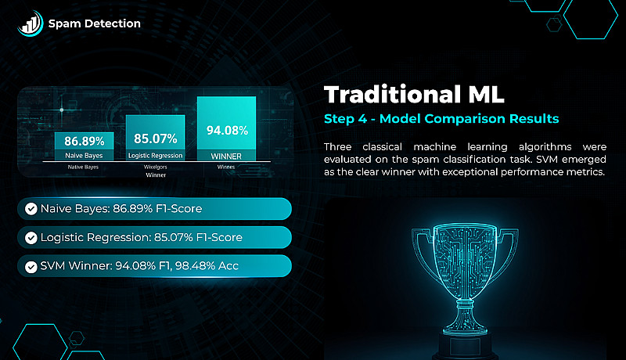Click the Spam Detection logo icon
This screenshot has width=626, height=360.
tap(30, 23)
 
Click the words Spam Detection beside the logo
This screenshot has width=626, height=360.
tap(94, 23)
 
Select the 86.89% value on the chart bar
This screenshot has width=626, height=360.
tap(85, 141)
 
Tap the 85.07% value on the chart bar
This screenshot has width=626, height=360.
tap(155, 139)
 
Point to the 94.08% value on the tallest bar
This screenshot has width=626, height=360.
tap(227, 131)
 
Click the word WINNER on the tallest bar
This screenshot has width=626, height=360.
tap(226, 157)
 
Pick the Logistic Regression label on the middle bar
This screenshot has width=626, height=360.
tap(155, 155)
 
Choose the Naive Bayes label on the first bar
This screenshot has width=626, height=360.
tap(84, 155)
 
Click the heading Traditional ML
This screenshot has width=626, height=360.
tap(414, 95)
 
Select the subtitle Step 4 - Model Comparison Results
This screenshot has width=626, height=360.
tap(441, 118)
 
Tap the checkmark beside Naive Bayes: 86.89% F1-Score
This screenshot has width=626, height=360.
tap(31, 209)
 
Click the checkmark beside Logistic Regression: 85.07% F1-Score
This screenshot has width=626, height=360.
tap(31, 238)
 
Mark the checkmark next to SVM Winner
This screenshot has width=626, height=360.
tap(31, 267)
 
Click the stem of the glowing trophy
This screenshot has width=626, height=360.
tap(465, 315)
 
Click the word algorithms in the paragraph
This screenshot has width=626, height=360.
tap(545, 147)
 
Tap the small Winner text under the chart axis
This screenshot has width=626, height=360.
tap(156, 175)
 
